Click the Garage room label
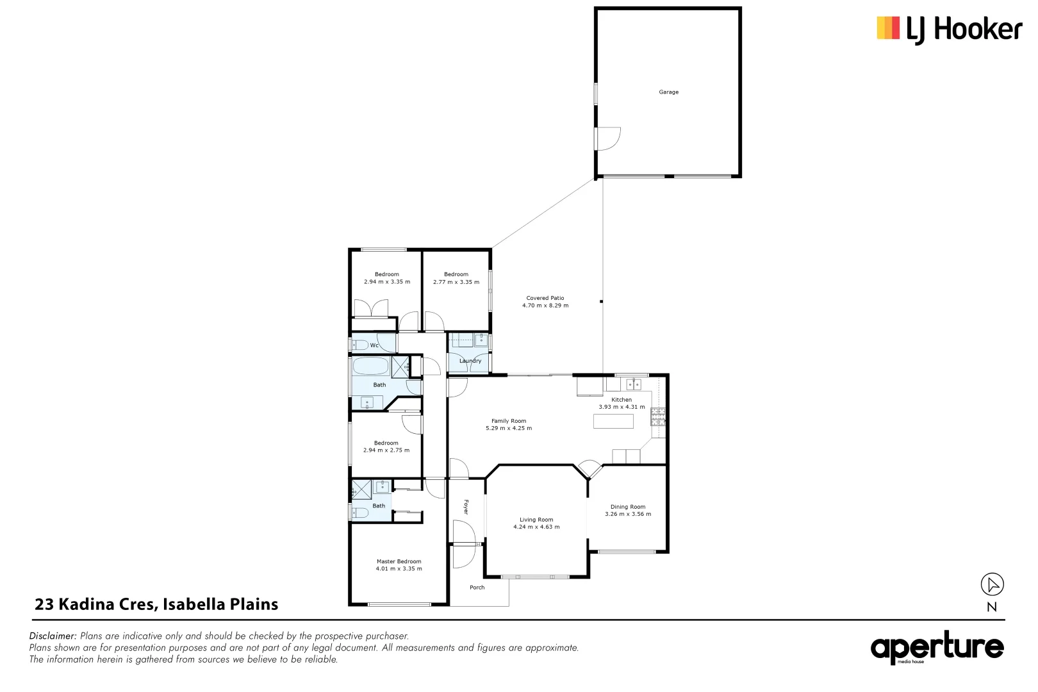click(x=668, y=92)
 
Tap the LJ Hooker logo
click(x=949, y=29)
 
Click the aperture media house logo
click(x=937, y=648)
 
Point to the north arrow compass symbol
click(x=992, y=584)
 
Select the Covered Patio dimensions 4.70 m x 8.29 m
click(x=545, y=306)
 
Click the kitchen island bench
click(x=613, y=421)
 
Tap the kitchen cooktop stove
click(x=658, y=417)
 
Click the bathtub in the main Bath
click(x=371, y=367)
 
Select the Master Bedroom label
click(x=399, y=561)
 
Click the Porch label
click(x=477, y=588)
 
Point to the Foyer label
click(x=466, y=507)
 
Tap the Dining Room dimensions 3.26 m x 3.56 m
click(x=628, y=514)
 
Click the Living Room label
click(x=536, y=520)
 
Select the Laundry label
click(x=470, y=361)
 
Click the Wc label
click(x=374, y=345)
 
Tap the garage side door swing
click(x=609, y=138)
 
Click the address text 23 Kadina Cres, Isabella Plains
click(x=156, y=604)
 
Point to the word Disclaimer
click(x=53, y=636)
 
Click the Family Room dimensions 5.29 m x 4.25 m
click(x=509, y=428)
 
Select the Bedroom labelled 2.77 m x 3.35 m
click(x=456, y=278)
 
